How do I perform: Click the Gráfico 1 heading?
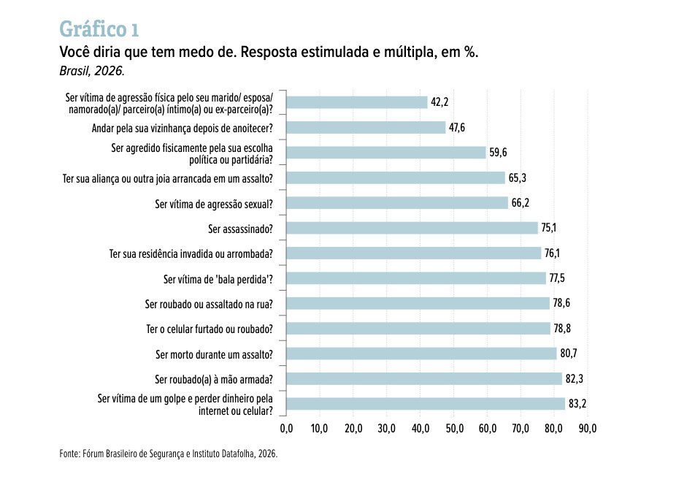pos(99,29)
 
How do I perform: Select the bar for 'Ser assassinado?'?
pos(412,228)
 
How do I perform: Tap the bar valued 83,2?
pos(426,404)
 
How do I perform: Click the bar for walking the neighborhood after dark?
pos(366,128)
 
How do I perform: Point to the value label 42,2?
pos(440,102)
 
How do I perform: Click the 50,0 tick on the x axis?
pos(454,428)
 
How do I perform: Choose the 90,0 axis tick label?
pos(588,428)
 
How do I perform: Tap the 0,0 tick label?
pos(286,428)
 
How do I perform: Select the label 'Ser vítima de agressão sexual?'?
pos(214,205)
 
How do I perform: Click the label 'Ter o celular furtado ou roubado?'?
pos(210,329)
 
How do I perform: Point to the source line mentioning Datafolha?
pos(168,454)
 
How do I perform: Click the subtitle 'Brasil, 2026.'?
pos(92,71)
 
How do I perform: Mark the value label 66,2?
pos(520,203)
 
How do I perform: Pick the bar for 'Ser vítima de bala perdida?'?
pos(416,278)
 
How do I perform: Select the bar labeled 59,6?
pos(386,153)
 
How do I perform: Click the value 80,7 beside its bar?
pos(569,353)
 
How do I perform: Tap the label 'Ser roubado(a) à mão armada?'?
pos(214,380)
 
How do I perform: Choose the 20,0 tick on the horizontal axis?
pos(353,428)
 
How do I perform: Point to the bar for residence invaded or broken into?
pos(414,253)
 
